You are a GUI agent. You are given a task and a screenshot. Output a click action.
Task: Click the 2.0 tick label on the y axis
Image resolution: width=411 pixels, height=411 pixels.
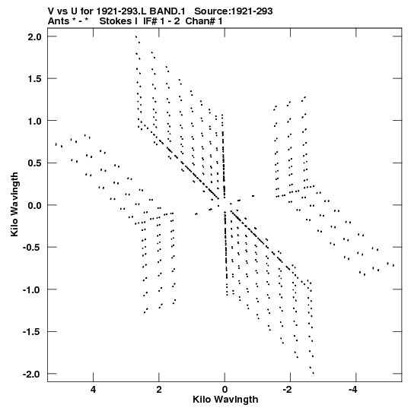(x=35, y=36)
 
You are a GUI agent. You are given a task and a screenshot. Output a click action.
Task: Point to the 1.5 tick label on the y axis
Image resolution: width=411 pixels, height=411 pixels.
(x=35, y=79)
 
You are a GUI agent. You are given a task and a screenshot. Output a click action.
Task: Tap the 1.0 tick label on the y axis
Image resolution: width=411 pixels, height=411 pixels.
(x=35, y=121)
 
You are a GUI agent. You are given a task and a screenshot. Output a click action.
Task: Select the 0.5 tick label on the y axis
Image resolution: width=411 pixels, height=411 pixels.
(x=35, y=163)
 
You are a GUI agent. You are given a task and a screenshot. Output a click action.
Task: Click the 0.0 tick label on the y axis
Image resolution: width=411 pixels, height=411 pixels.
(x=35, y=205)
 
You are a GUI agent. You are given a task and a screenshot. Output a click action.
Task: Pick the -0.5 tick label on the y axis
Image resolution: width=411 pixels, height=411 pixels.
(x=32, y=248)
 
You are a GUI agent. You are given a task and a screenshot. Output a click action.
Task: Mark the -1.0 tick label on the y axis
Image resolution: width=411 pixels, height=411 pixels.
(x=32, y=290)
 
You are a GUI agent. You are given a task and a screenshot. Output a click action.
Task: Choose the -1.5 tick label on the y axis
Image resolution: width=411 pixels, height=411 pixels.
(x=32, y=332)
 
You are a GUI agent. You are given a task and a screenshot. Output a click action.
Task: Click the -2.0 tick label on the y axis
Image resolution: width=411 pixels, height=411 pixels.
(x=32, y=374)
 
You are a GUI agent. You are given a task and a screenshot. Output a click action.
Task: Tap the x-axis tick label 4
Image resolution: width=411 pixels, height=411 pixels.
(x=93, y=390)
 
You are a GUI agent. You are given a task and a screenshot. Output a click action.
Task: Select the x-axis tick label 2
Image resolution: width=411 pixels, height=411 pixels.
(x=158, y=390)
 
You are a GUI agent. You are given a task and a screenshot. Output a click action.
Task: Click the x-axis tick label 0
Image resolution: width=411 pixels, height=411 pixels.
(x=225, y=390)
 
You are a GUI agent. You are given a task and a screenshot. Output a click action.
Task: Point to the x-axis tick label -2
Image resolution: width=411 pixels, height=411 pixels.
(x=288, y=390)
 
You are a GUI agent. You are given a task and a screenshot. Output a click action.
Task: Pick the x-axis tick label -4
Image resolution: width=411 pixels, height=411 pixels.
(x=353, y=390)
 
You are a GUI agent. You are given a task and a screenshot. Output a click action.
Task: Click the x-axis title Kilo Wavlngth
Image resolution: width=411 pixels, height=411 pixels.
(x=225, y=400)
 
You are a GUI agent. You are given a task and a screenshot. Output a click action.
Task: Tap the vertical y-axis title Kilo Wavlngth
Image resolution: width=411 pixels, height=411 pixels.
(x=14, y=204)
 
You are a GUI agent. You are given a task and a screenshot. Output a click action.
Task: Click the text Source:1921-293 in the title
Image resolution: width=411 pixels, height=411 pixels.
(x=234, y=11)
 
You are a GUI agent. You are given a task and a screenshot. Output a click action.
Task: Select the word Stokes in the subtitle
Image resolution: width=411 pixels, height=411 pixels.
(x=116, y=21)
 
